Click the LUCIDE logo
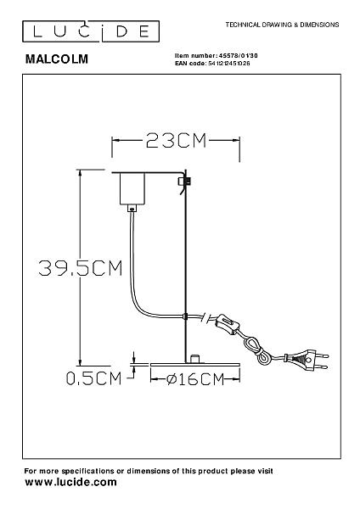[x=91, y=31]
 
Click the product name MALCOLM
[x=57, y=59]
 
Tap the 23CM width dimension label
[x=176, y=141]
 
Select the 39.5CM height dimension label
[x=81, y=268]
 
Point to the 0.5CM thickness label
[x=93, y=378]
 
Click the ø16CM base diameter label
[x=195, y=379]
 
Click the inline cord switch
[x=228, y=324]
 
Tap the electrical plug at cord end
[x=307, y=361]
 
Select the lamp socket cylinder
[x=132, y=188]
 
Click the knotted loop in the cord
[x=256, y=350]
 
